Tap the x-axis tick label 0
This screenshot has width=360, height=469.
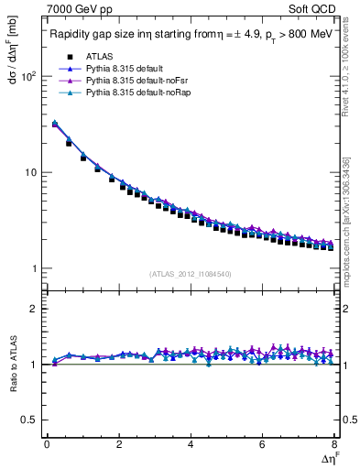(x=47, y=444)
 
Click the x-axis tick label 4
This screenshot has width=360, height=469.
(x=190, y=444)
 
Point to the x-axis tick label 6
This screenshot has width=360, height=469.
(x=262, y=444)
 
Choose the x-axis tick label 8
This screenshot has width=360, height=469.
(x=333, y=444)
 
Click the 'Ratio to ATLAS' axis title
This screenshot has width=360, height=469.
(x=10, y=365)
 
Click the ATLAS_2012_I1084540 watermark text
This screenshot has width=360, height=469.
(x=191, y=274)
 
